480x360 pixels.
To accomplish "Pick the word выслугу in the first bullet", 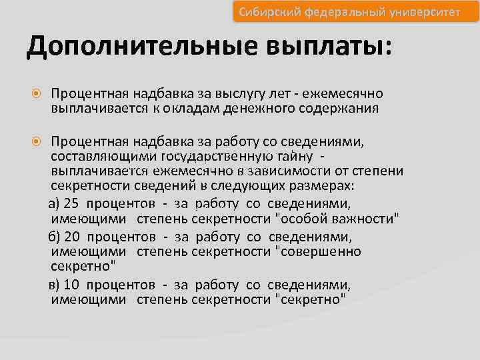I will click(x=249, y=95).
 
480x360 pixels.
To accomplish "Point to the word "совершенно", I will click(x=318, y=251).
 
